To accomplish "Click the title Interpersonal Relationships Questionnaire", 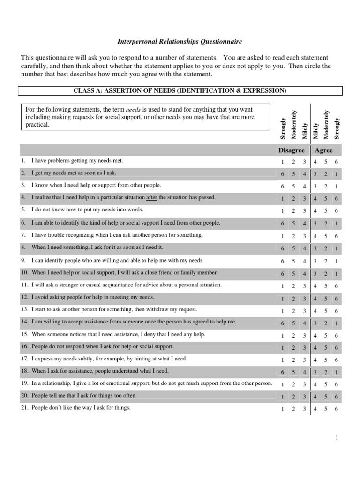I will (x=179, y=42).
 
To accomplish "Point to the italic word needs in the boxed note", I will (x=134, y=109).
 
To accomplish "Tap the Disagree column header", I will (x=292, y=150).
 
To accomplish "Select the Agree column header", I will (x=324, y=150).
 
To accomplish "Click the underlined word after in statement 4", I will (x=152, y=198).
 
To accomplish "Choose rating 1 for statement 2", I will (x=336, y=174).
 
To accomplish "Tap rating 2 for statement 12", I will (x=293, y=298).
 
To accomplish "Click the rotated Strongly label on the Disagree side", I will (x=282, y=128).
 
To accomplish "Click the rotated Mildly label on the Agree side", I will (x=315, y=130).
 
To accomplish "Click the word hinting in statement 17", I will (x=143, y=359).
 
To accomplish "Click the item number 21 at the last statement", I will (x=24, y=408).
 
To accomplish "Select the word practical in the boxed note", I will (x=37, y=125).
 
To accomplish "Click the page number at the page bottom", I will (x=337, y=438).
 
